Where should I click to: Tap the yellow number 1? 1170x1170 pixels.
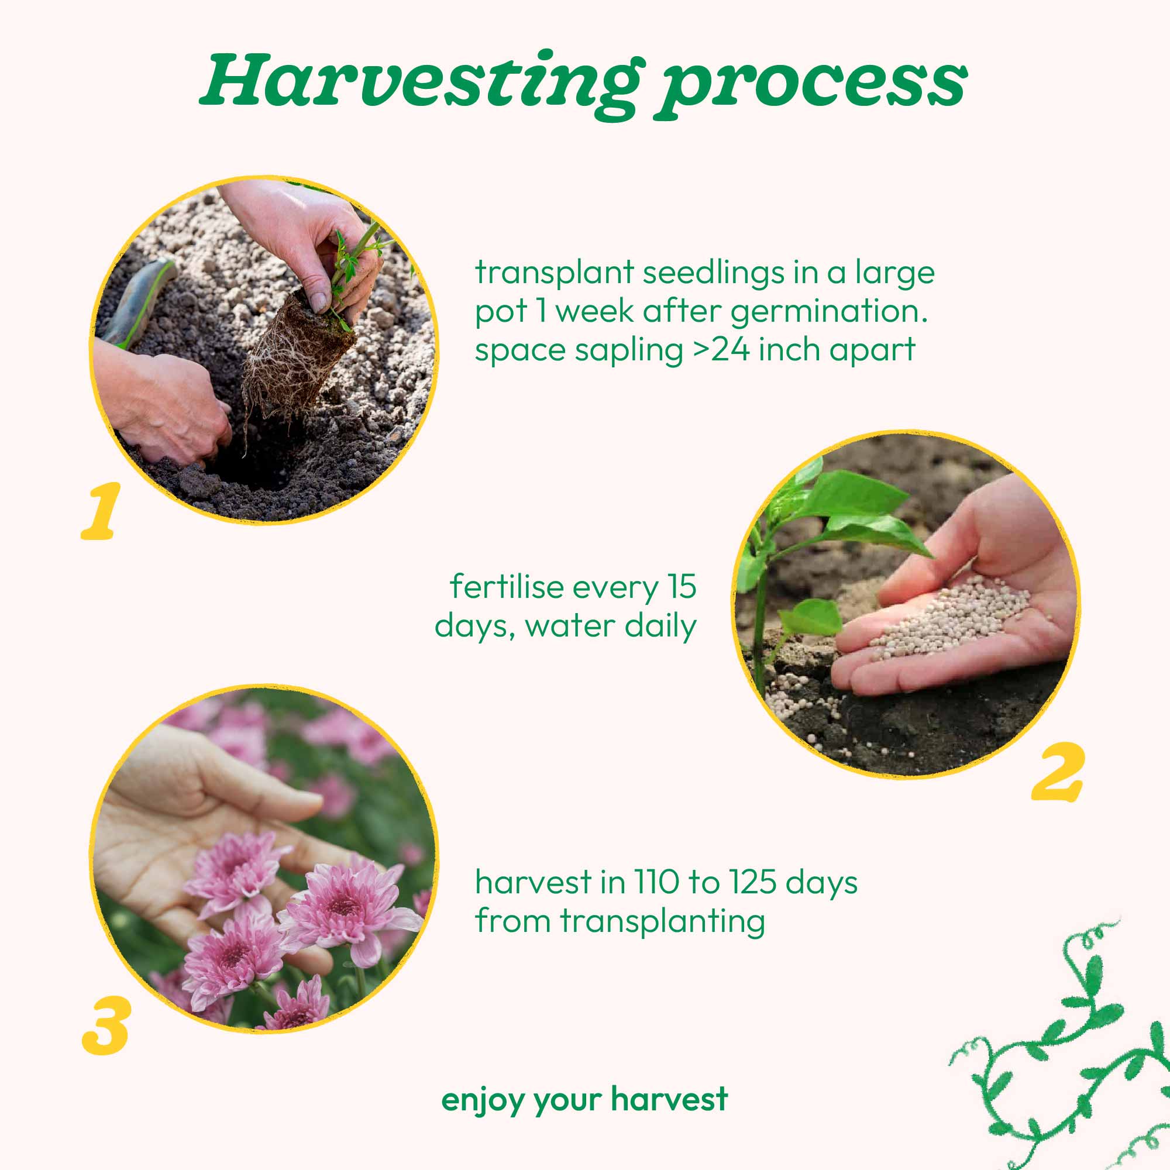(101, 511)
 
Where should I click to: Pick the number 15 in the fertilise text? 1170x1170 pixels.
(683, 587)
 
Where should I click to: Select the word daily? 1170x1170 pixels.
(660, 626)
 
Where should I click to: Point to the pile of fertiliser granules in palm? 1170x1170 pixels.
(951, 618)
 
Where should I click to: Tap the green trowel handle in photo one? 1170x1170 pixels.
(138, 303)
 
